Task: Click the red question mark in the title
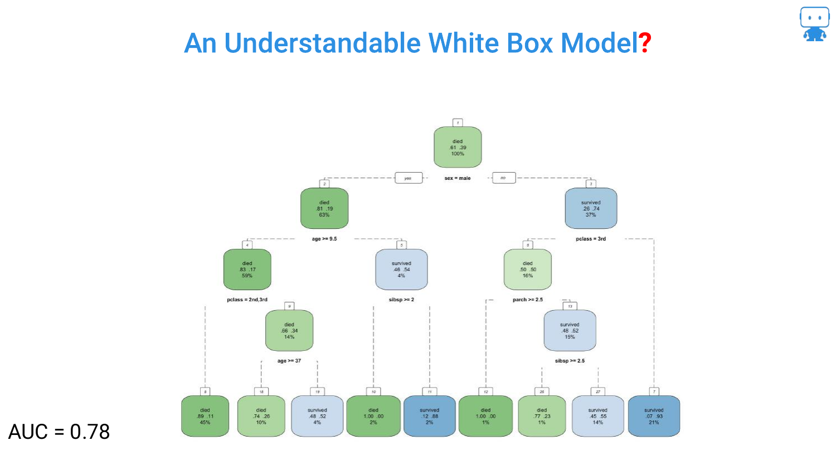coord(645,43)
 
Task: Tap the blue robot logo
coord(814,24)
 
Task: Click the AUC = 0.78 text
coord(59,432)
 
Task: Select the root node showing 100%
coord(458,147)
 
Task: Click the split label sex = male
coord(458,178)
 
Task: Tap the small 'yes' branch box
coord(408,178)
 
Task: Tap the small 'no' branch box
coord(503,178)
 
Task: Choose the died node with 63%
coord(324,208)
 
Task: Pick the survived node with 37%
coord(591,208)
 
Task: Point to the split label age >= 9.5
coord(324,239)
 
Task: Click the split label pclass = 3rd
coord(591,239)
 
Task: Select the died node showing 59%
coord(247,270)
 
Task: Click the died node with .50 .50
coord(528,270)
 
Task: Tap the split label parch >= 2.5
coord(528,300)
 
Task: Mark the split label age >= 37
coord(289,361)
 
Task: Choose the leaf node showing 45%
coord(205,416)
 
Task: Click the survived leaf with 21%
coord(654,416)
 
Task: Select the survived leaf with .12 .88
coord(429,416)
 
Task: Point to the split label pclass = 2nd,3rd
coord(247,300)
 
